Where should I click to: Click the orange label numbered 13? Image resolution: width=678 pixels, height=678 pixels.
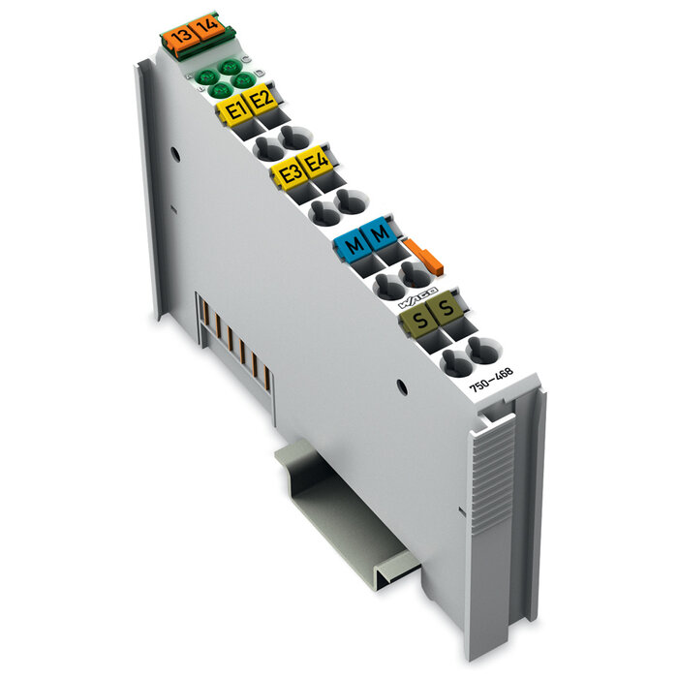(178, 38)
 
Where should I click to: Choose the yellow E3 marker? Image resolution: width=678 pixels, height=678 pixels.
(288, 174)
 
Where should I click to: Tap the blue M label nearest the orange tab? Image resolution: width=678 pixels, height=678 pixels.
(381, 233)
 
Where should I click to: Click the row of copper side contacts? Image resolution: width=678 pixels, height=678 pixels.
(231, 339)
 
